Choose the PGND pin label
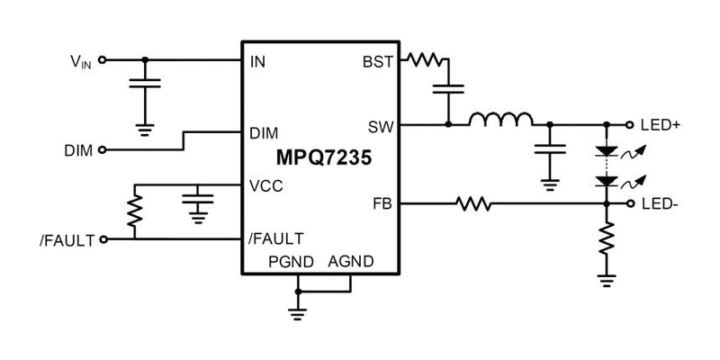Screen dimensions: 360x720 [289, 261]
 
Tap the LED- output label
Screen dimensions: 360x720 [661, 205]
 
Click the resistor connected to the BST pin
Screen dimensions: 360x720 [424, 61]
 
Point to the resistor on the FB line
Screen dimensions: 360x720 [473, 205]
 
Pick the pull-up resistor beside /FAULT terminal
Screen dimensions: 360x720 [135, 211]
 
